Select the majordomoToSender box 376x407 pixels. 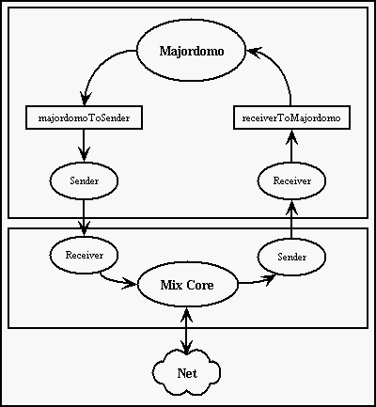pyautogui.click(x=84, y=117)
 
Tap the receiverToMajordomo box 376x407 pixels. pyautogui.click(x=291, y=117)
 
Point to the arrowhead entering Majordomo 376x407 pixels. pyautogui.click(x=253, y=53)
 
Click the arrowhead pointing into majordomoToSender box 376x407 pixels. pyautogui.click(x=85, y=99)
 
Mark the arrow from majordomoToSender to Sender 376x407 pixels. pyautogui.click(x=84, y=146)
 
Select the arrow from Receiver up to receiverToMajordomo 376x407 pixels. pyautogui.click(x=291, y=146)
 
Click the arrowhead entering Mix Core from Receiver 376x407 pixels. pyautogui.click(x=130, y=283)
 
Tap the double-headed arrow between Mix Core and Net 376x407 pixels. pyautogui.click(x=187, y=331)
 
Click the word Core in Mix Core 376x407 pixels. pyautogui.click(x=200, y=285)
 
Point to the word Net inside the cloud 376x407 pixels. pyautogui.click(x=187, y=373)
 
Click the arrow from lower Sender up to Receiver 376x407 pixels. pyautogui.click(x=291, y=219)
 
